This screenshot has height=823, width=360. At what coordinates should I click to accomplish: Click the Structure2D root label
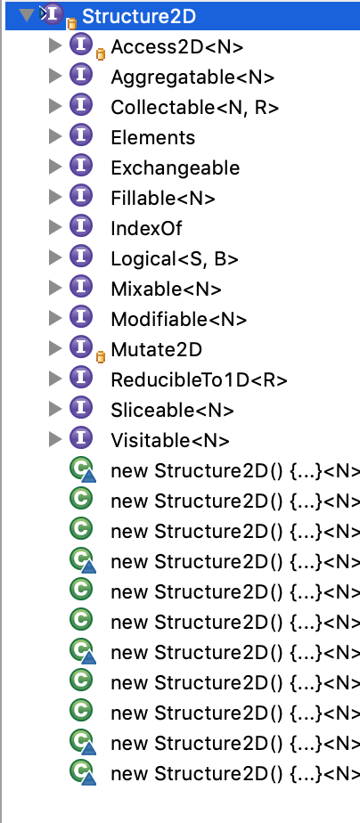(138, 16)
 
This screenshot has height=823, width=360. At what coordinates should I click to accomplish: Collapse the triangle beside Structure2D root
(25, 15)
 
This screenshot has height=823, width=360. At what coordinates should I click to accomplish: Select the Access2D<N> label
(176, 47)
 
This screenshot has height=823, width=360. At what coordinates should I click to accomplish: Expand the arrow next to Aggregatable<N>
(54, 76)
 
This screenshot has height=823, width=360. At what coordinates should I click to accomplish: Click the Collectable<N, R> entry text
(194, 108)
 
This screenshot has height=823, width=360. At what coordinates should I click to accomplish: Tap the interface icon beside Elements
(81, 136)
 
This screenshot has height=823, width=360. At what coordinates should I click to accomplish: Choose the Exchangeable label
(176, 168)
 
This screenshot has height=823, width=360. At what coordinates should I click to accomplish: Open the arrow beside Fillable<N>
(54, 197)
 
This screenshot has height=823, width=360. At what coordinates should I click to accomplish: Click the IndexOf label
(146, 228)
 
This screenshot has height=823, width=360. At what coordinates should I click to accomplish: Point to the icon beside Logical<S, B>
(81, 257)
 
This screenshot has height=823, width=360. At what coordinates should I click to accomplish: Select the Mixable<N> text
(166, 289)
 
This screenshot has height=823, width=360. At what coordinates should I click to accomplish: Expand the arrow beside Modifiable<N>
(54, 318)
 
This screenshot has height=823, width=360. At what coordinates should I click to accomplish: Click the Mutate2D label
(156, 349)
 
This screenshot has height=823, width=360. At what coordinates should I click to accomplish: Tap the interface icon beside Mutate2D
(81, 347)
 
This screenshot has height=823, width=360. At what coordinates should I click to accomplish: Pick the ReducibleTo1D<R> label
(199, 379)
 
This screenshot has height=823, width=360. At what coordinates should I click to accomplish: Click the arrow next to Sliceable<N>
(54, 408)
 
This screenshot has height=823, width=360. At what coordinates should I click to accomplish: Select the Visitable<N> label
(170, 440)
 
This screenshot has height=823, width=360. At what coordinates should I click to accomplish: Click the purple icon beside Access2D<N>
(81, 45)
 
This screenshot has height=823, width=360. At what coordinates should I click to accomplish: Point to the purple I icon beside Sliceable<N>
(81, 407)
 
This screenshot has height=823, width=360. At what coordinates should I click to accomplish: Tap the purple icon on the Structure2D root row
(52, 14)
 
